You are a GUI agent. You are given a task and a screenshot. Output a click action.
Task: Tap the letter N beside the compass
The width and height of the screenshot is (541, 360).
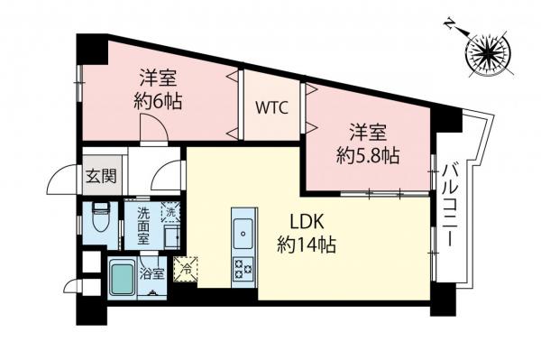(451, 27)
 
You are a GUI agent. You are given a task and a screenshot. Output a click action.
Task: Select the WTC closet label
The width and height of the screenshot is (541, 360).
(270, 108)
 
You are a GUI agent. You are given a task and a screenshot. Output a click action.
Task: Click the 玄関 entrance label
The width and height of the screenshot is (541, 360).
(101, 176)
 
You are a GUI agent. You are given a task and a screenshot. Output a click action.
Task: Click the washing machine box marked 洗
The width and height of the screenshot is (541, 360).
(170, 212)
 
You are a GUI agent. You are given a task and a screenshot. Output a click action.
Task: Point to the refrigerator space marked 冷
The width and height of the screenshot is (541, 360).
(187, 267)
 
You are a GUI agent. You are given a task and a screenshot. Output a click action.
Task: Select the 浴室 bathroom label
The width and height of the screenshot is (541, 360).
(151, 273)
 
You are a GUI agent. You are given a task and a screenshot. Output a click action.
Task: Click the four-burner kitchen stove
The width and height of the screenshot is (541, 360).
(243, 267)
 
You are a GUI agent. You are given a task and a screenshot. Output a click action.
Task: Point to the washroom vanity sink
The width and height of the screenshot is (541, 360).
(172, 236)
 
